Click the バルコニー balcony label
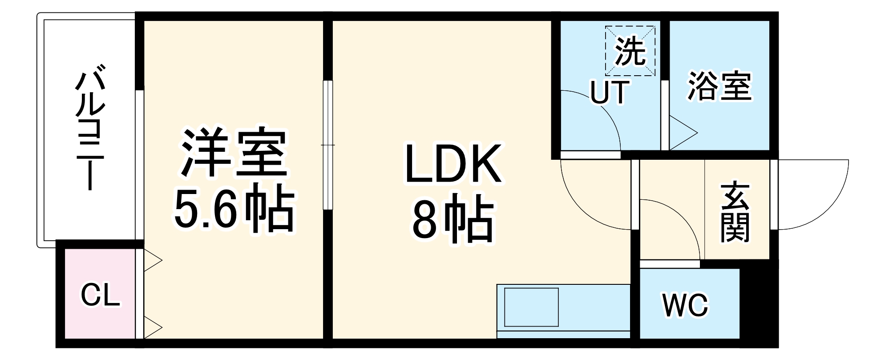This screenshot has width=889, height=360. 90,127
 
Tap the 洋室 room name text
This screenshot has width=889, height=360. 233,152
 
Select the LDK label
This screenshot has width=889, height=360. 453,164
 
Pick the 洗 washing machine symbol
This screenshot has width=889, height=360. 630,51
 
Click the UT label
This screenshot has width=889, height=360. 610,92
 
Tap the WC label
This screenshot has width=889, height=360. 685,305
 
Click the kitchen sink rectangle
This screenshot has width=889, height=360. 531,307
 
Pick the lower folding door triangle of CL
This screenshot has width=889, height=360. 152,328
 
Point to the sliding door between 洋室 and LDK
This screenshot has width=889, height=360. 328,145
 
